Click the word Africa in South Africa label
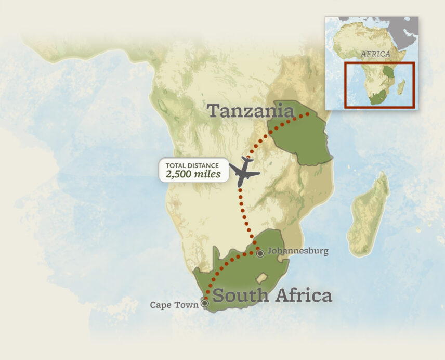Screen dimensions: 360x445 [303, 295]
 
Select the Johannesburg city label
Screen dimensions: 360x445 [298, 251]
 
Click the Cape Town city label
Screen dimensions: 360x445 [174, 305]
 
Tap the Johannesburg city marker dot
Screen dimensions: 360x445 [260, 253]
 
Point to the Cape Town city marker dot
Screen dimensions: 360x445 [205, 303]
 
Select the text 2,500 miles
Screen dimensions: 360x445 [193, 174]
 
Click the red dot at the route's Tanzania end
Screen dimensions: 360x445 [307, 113]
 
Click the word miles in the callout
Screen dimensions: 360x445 [207, 174]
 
